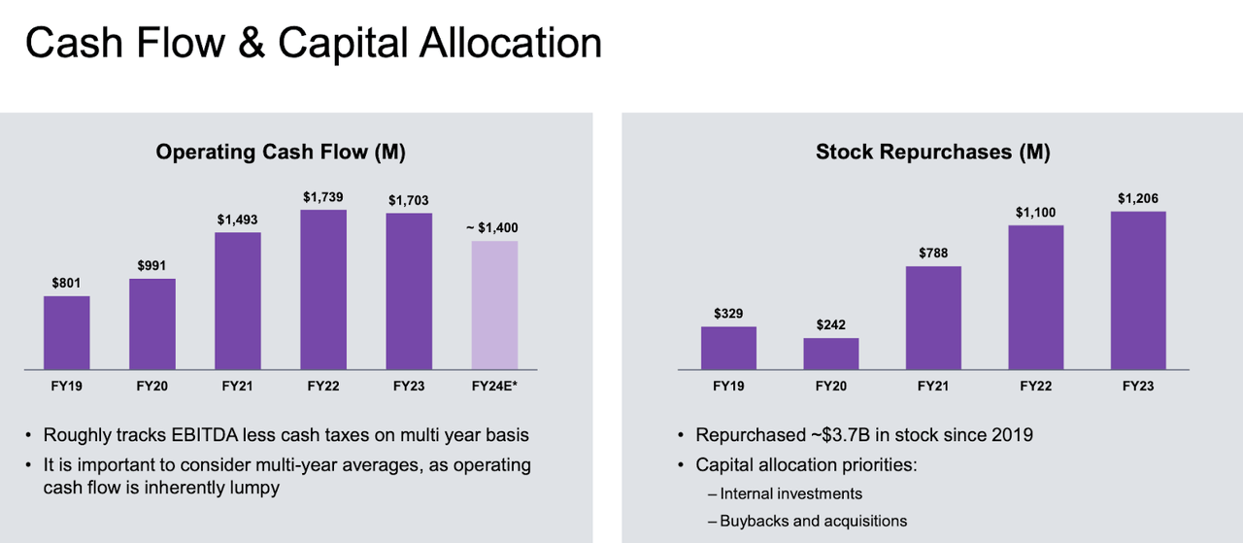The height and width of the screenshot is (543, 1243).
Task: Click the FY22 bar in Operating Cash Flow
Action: (x=323, y=289)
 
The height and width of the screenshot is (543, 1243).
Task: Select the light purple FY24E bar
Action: (x=494, y=305)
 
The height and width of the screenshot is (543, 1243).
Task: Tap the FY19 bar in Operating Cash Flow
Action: (x=67, y=332)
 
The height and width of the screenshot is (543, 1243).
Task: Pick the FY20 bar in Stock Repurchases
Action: (x=830, y=354)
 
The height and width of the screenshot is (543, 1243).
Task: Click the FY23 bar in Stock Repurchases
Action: (x=1138, y=290)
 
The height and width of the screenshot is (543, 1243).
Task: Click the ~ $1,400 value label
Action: (x=491, y=228)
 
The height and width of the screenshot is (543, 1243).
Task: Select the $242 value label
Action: (x=830, y=325)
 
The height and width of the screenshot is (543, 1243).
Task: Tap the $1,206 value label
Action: (x=1138, y=199)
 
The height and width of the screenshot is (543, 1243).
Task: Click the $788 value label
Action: (x=933, y=254)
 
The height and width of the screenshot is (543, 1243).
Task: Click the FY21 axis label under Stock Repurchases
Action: (x=933, y=386)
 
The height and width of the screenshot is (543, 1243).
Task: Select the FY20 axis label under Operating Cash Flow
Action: (x=152, y=386)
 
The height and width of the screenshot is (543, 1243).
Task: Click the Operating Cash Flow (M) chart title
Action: (x=281, y=152)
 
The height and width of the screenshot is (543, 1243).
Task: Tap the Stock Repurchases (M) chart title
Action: (x=932, y=152)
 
